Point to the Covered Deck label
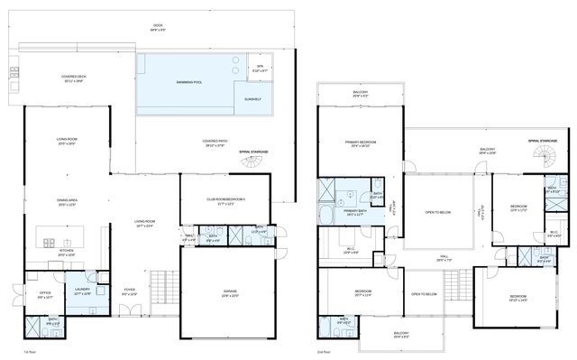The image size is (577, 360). pos(73,78)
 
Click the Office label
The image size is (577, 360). pos(42,294)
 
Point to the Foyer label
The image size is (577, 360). pos(130,292)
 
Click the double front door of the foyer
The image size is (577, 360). pos(131,310)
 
